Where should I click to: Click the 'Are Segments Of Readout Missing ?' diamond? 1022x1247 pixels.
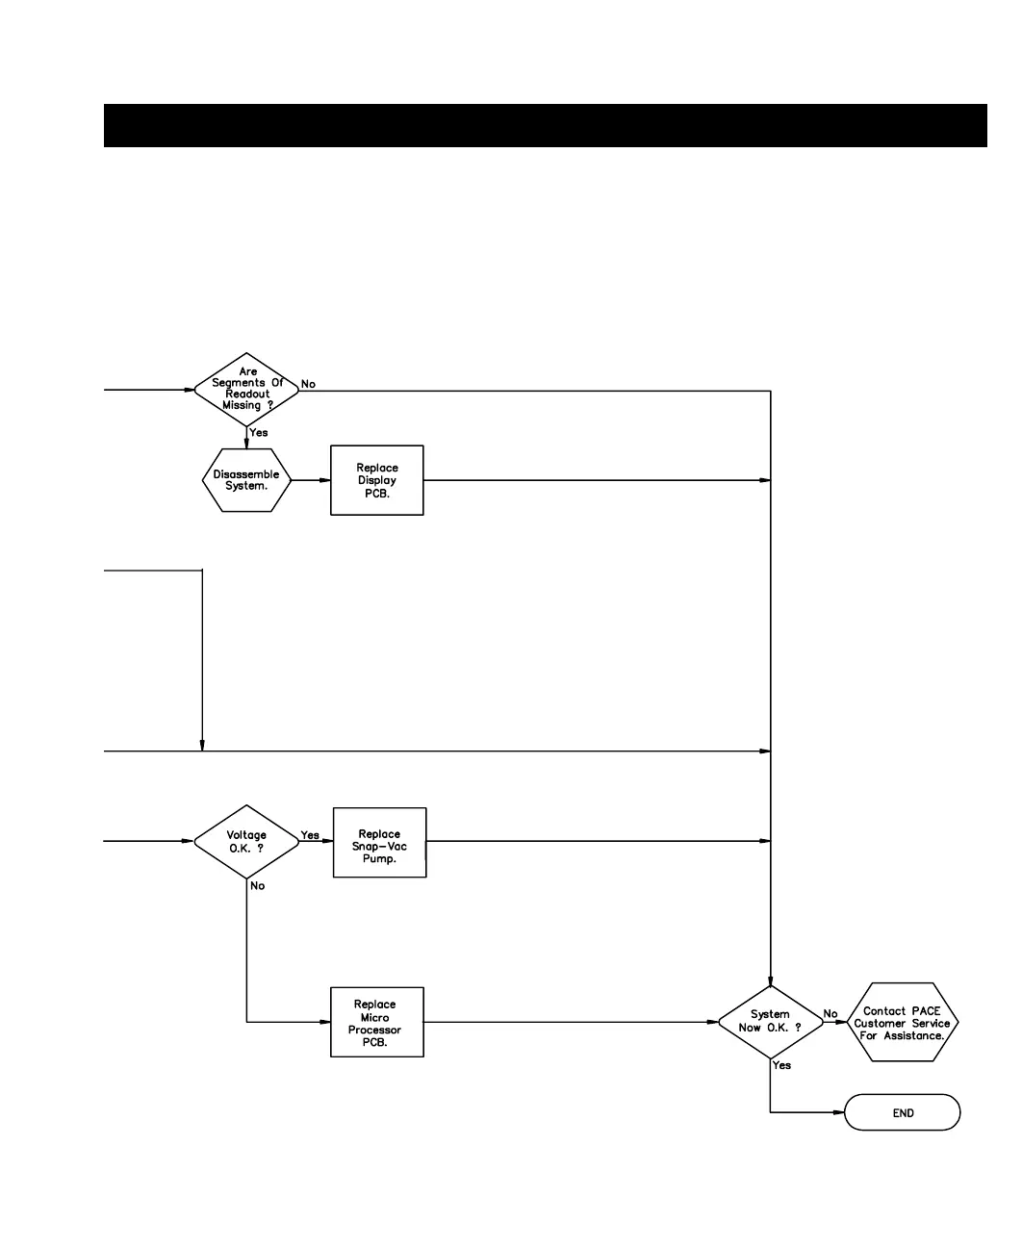pyautogui.click(x=246, y=390)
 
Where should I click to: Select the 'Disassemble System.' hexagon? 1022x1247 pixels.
pyautogui.click(x=246, y=480)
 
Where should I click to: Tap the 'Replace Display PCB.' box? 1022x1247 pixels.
pyautogui.click(x=376, y=480)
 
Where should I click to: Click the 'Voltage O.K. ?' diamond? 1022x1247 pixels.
pyautogui.click(x=246, y=842)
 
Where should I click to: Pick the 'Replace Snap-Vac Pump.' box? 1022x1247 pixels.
pyautogui.click(x=379, y=843)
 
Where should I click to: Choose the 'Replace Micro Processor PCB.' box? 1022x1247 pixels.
pyautogui.click(x=376, y=1023)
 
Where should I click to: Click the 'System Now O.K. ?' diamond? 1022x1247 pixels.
pyautogui.click(x=770, y=1022)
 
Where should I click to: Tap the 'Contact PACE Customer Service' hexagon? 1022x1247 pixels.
pyautogui.click(x=902, y=1023)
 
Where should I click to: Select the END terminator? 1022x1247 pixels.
pyautogui.click(x=902, y=1113)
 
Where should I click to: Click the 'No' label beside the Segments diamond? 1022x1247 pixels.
pyautogui.click(x=308, y=384)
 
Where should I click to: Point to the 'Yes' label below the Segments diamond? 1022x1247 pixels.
pyautogui.click(x=259, y=433)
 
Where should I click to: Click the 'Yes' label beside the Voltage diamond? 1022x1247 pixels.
pyautogui.click(x=310, y=835)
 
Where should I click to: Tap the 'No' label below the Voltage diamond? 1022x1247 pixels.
pyautogui.click(x=258, y=886)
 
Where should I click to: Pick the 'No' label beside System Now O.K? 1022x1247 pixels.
pyautogui.click(x=830, y=1014)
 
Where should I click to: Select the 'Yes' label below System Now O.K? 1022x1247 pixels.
pyautogui.click(x=782, y=1065)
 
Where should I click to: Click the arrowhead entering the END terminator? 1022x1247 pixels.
pyautogui.click(x=839, y=1113)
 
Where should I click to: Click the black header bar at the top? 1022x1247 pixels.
pyautogui.click(x=545, y=125)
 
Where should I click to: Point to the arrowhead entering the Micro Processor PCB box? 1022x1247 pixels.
pyautogui.click(x=325, y=1022)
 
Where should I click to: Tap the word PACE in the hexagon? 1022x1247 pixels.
pyautogui.click(x=926, y=1011)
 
